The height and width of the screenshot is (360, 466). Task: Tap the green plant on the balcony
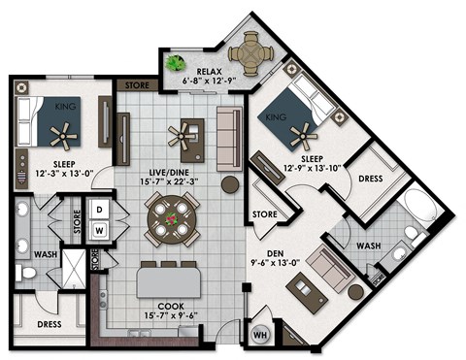click(x=176, y=64)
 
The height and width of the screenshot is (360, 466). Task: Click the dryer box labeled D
click(x=100, y=210)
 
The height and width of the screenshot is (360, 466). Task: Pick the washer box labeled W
click(x=100, y=231)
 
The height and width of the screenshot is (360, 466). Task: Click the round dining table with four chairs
click(x=171, y=220)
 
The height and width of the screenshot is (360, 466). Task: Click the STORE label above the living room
click(x=137, y=85)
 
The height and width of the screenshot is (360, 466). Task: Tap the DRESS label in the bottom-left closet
click(x=50, y=324)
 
